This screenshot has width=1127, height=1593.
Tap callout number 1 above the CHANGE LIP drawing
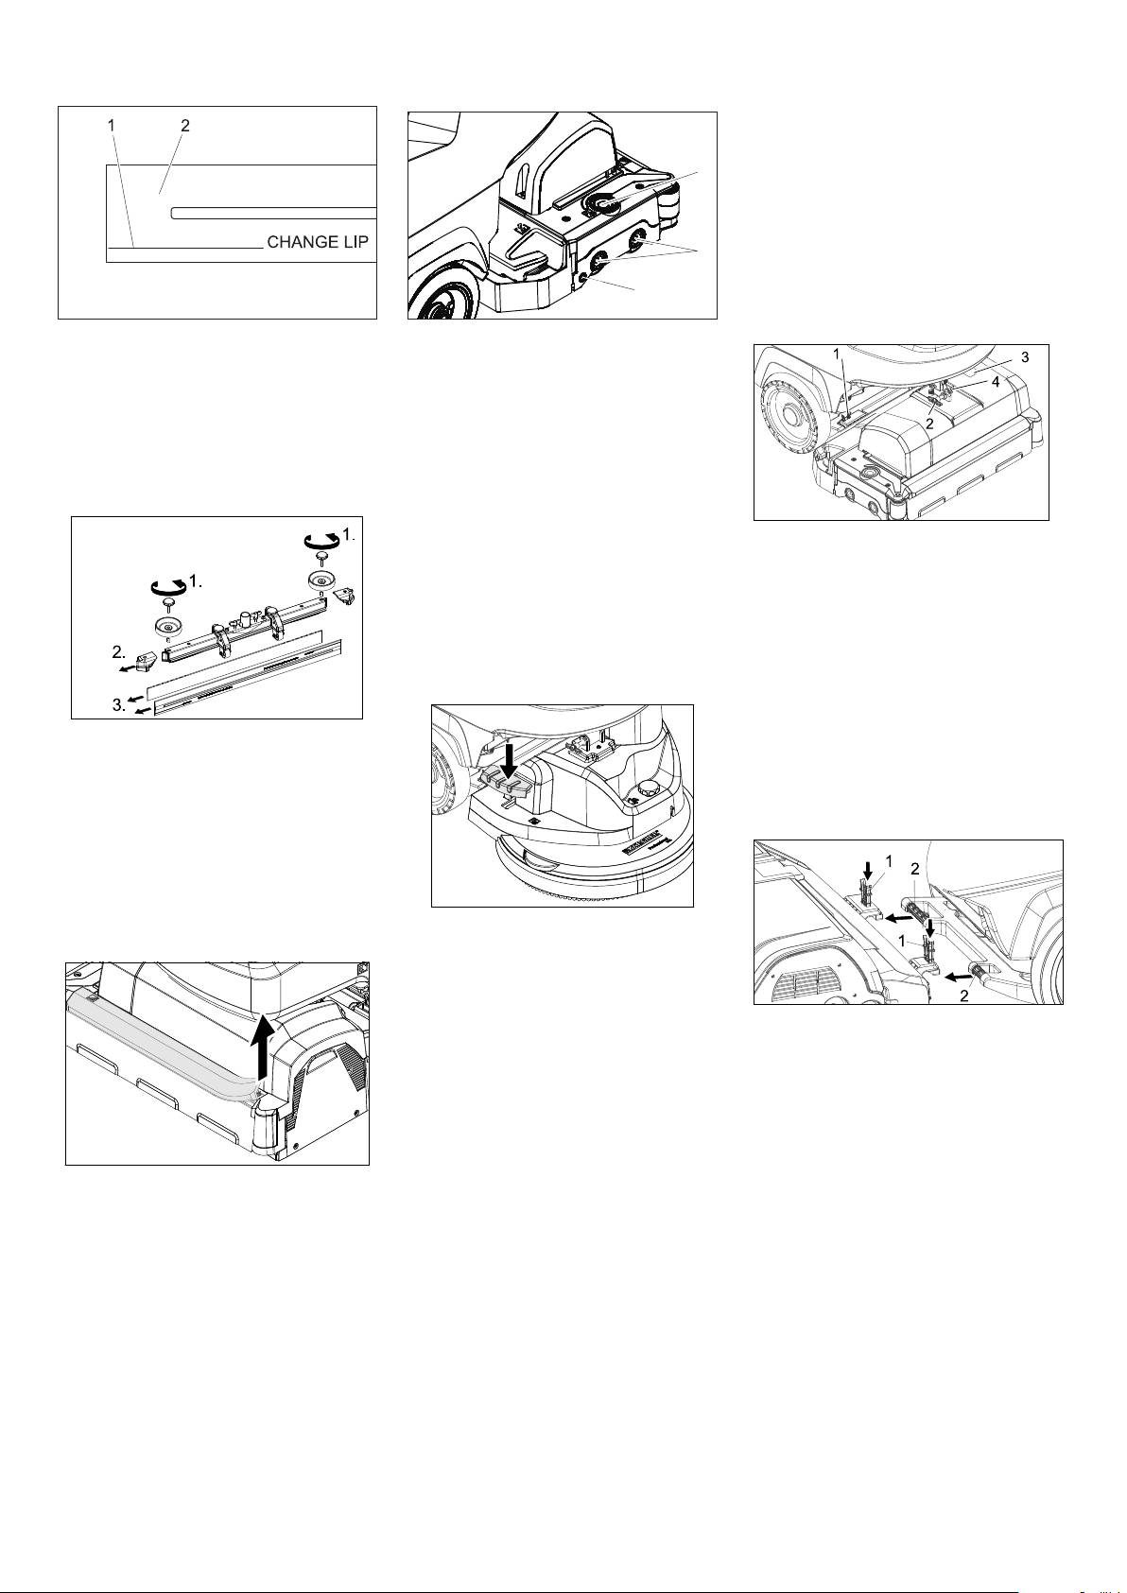click(x=111, y=125)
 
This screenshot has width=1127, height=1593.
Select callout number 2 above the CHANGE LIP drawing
click(x=185, y=125)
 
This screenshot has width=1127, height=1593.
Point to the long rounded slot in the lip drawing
click(x=274, y=213)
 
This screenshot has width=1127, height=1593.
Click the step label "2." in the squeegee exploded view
click(x=120, y=652)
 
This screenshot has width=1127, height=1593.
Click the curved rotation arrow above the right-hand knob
click(x=321, y=542)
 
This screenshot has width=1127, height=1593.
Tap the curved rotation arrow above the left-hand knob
click(x=168, y=587)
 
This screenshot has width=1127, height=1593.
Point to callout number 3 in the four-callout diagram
click(x=1025, y=357)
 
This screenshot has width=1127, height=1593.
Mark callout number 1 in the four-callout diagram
click(x=836, y=354)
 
